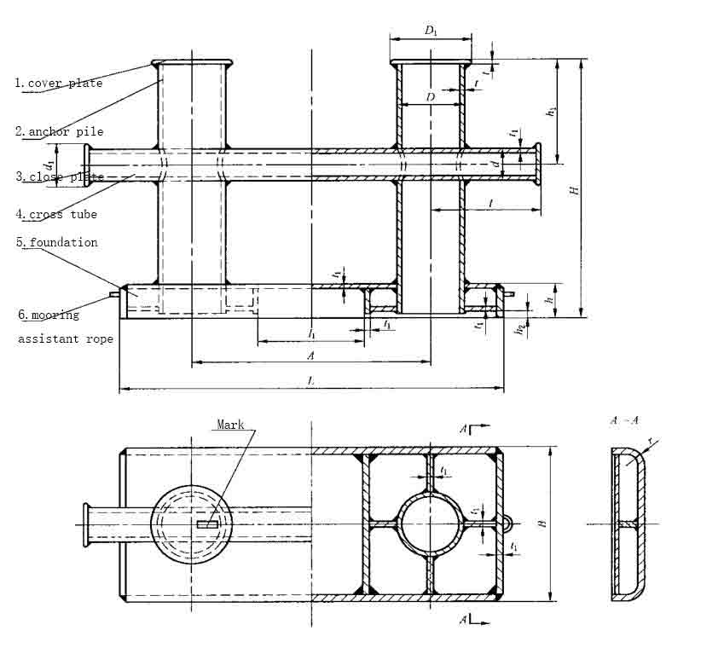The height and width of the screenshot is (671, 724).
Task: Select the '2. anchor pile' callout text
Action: [x=59, y=132]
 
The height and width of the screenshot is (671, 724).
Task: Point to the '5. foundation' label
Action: [x=57, y=243]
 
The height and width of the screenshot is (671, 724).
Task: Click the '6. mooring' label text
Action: [x=49, y=315]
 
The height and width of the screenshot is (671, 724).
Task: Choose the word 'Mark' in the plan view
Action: [x=230, y=425]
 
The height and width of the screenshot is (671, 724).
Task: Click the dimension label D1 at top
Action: [x=431, y=31]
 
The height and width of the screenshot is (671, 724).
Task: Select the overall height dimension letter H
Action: [x=576, y=189]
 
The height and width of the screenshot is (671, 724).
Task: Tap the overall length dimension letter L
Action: [x=311, y=382]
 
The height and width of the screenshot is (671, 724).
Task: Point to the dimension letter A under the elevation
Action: [x=311, y=356]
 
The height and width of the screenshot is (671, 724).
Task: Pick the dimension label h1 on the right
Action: [x=551, y=112]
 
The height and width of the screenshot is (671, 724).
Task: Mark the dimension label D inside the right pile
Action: [x=431, y=98]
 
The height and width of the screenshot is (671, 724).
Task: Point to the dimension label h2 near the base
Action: [x=520, y=328]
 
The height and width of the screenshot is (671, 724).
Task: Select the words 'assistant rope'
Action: [x=66, y=339]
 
